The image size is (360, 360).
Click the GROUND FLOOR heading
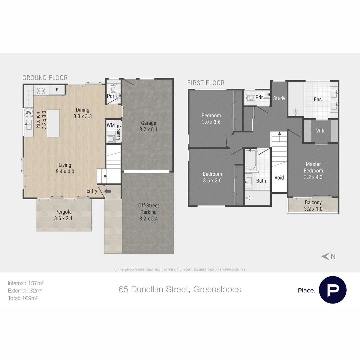pos(45,78)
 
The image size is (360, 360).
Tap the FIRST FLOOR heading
pos(206,83)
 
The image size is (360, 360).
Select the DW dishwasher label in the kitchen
pos(29,113)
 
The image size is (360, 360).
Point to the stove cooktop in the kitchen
pos(41,90)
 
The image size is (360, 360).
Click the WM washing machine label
pos(111,125)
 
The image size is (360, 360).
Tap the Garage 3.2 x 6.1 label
pos(148,126)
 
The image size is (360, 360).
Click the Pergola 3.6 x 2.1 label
pos(64,215)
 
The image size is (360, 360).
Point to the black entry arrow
pos(108,191)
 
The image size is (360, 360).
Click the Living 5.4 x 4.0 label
pos(65,168)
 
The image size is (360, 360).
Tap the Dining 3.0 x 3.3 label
pos(82,113)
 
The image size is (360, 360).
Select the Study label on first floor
pos(279,98)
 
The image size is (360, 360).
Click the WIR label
pos(320,131)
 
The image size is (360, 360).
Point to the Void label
pos(279,177)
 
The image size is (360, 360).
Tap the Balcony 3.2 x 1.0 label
pos(313,206)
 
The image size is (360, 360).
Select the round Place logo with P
pos(332,290)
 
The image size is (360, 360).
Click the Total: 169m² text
pos(23,298)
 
